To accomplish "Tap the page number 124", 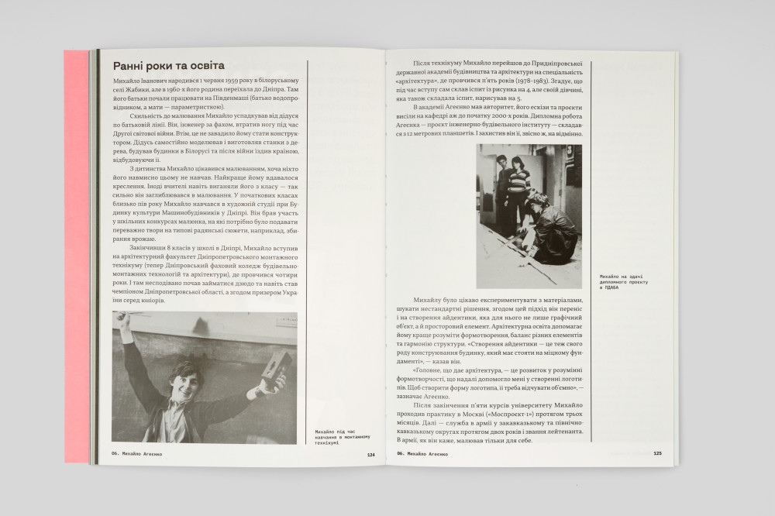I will [370, 455].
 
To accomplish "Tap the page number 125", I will [657, 454].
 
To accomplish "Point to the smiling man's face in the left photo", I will [188, 380].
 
